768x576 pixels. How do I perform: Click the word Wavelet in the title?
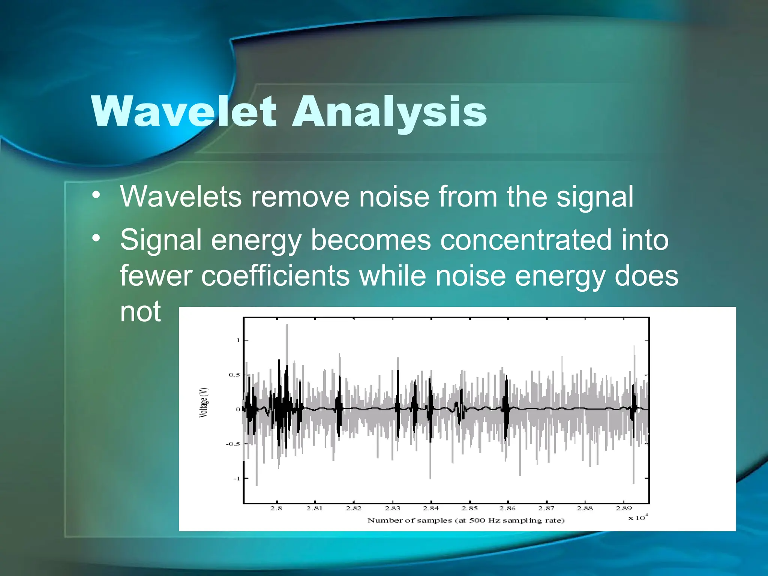184,112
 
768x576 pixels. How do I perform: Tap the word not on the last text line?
140,312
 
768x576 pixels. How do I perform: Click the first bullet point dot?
96,195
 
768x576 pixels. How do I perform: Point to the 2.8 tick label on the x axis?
276,508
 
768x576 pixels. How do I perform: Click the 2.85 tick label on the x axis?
469,508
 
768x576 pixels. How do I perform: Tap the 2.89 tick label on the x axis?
624,508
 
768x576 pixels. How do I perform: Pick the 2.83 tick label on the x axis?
393,508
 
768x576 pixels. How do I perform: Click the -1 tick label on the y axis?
236,478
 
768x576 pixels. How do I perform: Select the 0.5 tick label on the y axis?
234,375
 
